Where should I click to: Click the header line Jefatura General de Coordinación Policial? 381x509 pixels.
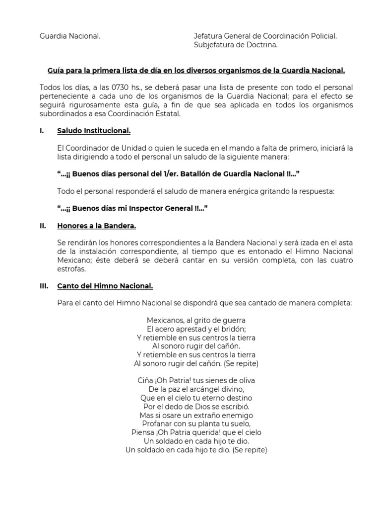[x=265, y=36]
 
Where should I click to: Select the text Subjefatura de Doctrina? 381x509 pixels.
[x=235, y=45]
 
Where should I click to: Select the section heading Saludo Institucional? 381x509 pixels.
[x=94, y=131]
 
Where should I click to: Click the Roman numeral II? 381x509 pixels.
[x=43, y=226]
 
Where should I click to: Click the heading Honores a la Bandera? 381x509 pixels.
[x=96, y=226]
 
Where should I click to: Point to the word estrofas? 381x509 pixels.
[x=71, y=269]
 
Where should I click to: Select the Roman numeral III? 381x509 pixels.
[x=44, y=286]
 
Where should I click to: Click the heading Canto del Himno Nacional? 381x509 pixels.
[x=105, y=286]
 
